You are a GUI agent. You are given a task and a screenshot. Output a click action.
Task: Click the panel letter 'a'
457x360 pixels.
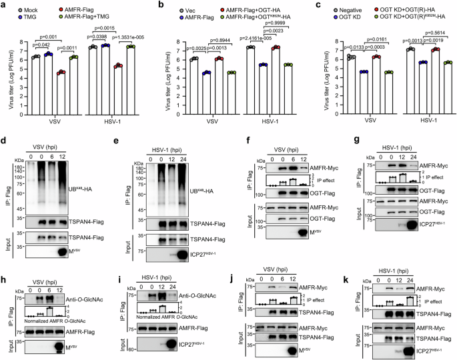tap(4, 5)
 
